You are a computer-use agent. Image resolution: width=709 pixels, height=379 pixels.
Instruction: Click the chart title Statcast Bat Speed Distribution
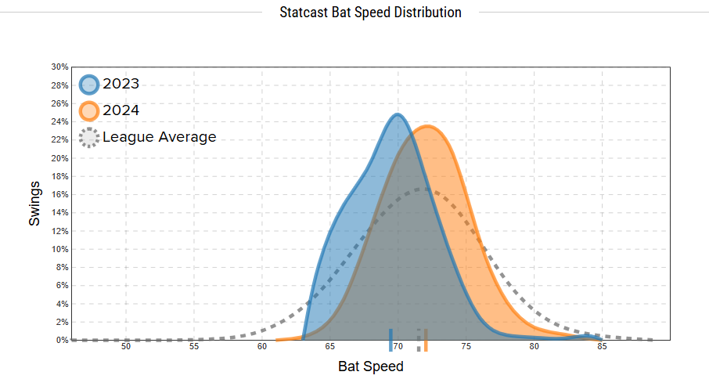370,13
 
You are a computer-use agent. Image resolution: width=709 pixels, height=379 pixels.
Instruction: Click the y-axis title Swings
34,204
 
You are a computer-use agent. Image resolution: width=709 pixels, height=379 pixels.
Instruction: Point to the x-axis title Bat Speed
371,366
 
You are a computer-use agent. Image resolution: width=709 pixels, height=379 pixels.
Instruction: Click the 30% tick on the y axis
60,67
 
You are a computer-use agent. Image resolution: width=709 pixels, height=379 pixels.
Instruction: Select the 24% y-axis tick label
60,122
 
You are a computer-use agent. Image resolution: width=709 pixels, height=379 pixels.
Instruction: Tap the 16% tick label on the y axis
60,195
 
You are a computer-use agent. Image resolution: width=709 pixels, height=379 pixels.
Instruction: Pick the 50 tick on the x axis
126,347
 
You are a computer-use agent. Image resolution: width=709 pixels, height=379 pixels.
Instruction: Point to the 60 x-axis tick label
262,347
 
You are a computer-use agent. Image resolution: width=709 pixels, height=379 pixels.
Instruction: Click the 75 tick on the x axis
466,347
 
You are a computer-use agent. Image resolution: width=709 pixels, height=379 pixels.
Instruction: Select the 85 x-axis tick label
603,347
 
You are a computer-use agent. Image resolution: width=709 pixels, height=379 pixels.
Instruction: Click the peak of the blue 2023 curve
398,115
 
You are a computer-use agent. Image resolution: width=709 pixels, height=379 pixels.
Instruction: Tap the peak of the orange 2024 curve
427,127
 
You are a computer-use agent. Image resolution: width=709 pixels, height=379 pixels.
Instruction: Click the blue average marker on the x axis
390,341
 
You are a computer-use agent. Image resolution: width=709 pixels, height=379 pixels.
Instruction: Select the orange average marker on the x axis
426,341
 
